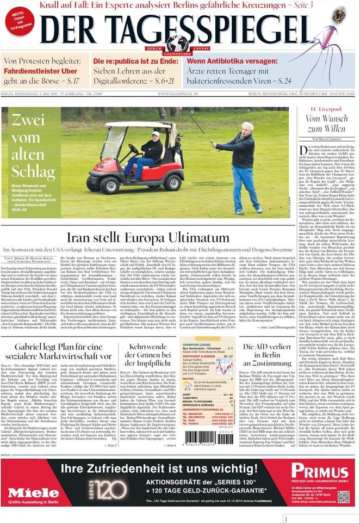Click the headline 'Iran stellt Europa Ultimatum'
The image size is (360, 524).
pos(147,238)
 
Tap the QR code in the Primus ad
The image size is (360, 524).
pos(343,497)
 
